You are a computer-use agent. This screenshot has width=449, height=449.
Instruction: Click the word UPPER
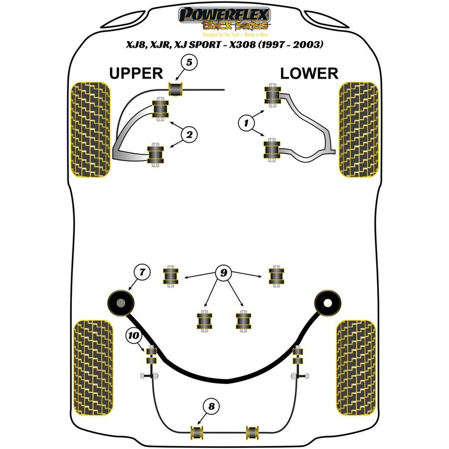point(135,73)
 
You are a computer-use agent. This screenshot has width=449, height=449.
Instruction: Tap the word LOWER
point(309,73)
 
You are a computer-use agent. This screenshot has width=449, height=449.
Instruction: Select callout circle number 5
point(189,63)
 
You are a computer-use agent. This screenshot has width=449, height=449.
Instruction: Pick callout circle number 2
point(189,134)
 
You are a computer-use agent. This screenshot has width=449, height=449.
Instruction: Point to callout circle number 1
point(245,121)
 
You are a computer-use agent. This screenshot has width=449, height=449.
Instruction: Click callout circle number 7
point(141,272)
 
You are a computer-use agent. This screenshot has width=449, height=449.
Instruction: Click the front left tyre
point(90,129)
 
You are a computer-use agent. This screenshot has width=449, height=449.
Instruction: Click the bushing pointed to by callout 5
point(177,89)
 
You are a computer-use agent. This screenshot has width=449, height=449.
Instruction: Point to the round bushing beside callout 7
point(121,303)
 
